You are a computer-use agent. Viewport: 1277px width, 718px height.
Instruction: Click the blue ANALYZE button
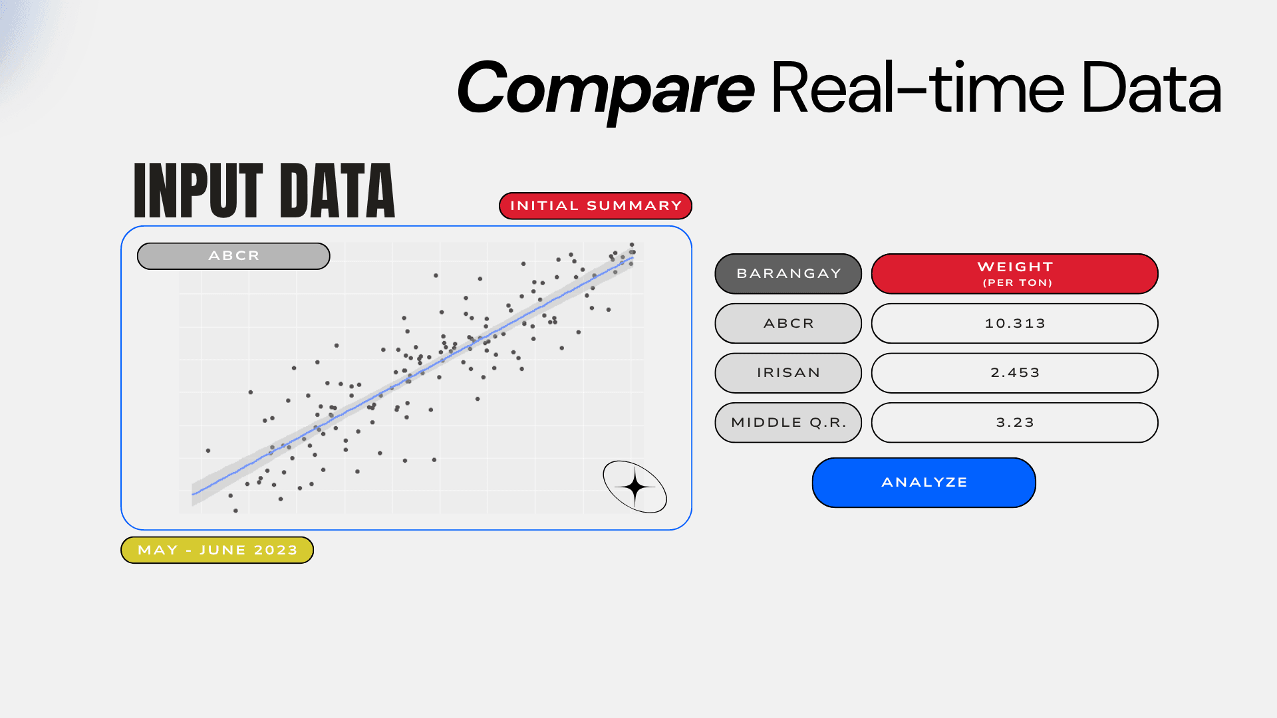[x=924, y=483]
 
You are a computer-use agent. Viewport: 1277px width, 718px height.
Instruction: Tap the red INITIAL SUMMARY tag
[x=596, y=206]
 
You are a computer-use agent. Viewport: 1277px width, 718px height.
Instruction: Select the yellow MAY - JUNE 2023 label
[x=217, y=550]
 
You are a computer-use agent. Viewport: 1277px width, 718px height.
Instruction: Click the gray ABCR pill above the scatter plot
[x=233, y=256]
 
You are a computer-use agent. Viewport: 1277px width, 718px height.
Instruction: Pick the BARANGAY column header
[x=788, y=274]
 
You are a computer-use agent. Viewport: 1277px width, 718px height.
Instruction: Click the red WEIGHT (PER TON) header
[x=1015, y=274]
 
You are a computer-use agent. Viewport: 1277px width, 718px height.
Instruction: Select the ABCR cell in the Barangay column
[x=788, y=323]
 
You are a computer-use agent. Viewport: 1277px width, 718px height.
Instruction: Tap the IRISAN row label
[x=788, y=373]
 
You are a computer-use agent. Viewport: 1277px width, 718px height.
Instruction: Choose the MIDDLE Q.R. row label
[x=788, y=423]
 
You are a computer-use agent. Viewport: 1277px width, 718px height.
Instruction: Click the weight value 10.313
[x=1015, y=323]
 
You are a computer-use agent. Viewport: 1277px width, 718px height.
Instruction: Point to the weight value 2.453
[x=1015, y=373]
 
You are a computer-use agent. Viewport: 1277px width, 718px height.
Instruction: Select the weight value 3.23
[x=1015, y=423]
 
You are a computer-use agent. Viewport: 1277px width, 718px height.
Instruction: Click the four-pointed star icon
[x=635, y=487]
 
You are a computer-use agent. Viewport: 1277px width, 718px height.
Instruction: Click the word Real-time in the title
[x=918, y=87]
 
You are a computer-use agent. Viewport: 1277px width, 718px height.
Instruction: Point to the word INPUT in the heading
[x=198, y=191]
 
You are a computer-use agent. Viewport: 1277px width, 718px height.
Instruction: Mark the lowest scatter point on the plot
[x=235, y=511]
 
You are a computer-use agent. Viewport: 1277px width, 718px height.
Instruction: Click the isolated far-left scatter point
[x=208, y=451]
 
